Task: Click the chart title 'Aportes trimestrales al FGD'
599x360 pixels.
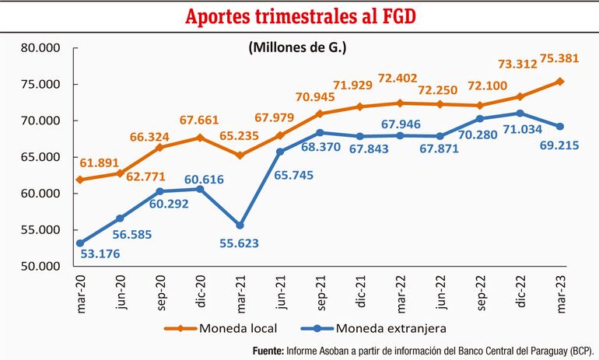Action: [299, 16]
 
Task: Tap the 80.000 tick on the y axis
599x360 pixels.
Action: [41, 48]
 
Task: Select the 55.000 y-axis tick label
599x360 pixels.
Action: [41, 229]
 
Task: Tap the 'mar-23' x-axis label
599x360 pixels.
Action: [561, 292]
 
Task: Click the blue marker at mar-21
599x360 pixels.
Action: [239, 225]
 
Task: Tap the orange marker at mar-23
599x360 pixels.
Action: [561, 81]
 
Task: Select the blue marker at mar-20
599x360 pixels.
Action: [79, 243]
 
